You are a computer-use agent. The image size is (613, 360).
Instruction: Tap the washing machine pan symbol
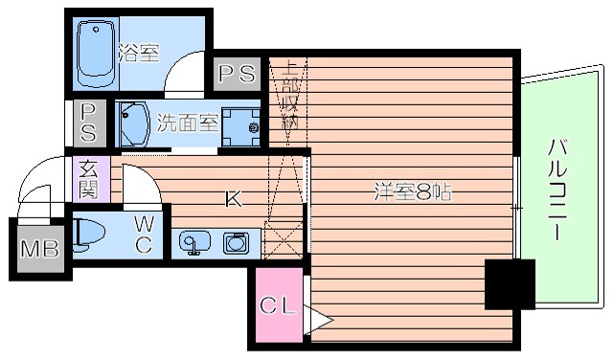tap(239, 125)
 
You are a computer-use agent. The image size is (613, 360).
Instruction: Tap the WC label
tap(143, 233)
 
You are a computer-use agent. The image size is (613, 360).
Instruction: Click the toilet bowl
tap(88, 233)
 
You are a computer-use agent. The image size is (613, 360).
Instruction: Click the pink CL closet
tap(278, 308)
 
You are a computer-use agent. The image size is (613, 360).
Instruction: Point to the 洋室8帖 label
tap(412, 191)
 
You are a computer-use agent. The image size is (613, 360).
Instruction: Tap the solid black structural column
tap(509, 283)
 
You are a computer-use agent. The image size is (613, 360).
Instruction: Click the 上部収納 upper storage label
tap(289, 96)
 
